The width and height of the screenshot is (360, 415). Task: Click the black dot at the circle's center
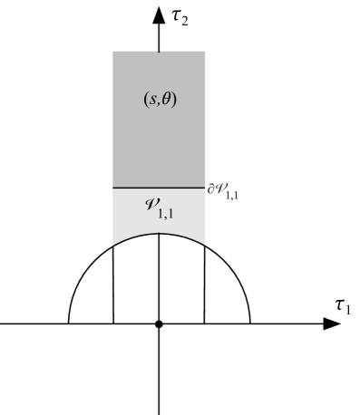tap(159, 323)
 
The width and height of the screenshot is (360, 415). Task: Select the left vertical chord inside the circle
tap(112, 285)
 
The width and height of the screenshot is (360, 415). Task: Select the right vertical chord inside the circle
tap(205, 285)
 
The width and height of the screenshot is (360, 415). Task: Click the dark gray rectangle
tap(159, 136)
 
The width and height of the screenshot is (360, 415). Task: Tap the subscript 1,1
tap(166, 212)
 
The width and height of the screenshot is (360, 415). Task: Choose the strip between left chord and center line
tap(136, 281)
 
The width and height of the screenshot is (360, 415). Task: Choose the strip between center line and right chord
tap(181, 281)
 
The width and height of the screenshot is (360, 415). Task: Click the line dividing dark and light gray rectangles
tap(159, 188)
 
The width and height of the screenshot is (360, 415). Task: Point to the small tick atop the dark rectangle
tap(160, 52)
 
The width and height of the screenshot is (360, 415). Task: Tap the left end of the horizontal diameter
tap(70, 323)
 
